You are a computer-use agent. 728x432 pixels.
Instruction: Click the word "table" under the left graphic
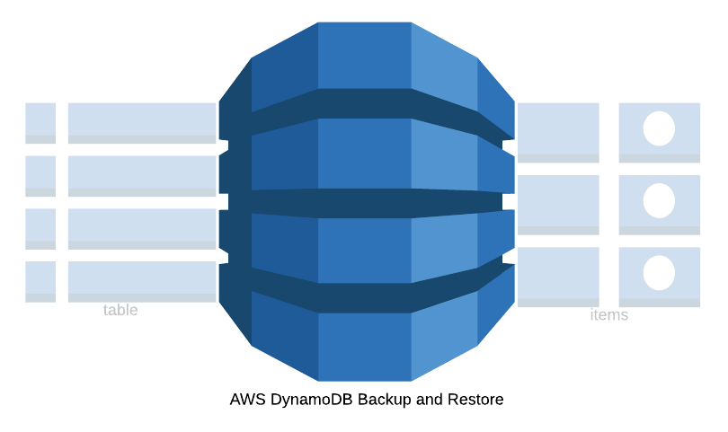coord(120,310)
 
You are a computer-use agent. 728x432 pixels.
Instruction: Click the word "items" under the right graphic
coord(608,315)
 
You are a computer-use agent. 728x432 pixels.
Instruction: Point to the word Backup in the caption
coord(385,400)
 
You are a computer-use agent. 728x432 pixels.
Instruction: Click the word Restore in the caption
coord(476,400)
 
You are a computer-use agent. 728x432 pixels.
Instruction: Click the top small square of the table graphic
coord(40,123)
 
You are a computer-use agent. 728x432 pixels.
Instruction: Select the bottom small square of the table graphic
coord(40,281)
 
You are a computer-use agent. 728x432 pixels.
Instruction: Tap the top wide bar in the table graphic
coord(142,123)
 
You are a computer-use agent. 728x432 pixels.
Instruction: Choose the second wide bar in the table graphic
coord(142,176)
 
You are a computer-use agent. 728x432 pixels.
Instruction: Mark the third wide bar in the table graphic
coord(142,228)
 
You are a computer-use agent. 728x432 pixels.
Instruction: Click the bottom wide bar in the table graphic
coord(142,281)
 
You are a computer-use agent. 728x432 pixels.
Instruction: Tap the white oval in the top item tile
coord(659,128)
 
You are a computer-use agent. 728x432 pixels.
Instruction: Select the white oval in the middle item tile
coord(659,200)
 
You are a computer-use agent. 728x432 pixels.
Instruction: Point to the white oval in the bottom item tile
coord(659,273)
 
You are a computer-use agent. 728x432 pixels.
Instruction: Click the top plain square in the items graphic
coord(558,132)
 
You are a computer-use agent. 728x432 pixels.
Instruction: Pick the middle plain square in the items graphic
coord(558,205)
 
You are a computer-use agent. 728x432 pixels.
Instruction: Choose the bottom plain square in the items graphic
coord(558,277)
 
